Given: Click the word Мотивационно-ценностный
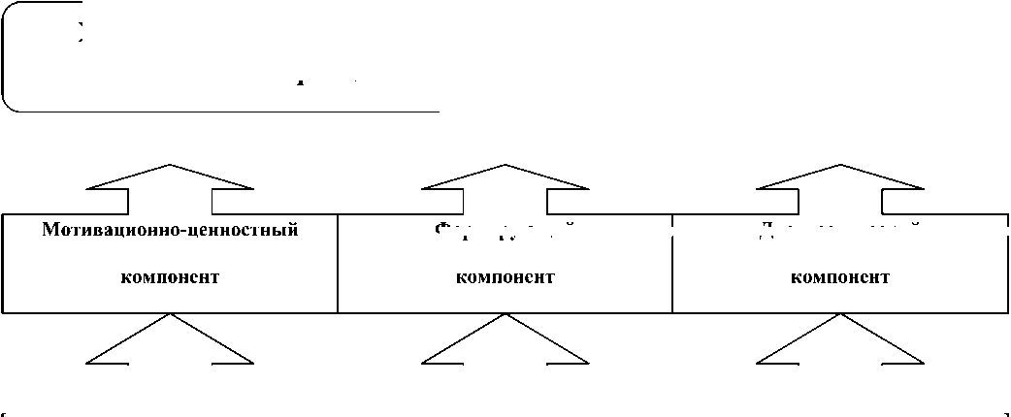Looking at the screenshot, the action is click(x=170, y=231).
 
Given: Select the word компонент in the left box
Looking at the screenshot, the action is click(x=170, y=277).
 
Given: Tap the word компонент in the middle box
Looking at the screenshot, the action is click(x=505, y=277).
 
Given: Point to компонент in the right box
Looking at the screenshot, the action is click(x=840, y=277).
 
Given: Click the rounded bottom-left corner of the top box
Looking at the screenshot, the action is click(x=10, y=103).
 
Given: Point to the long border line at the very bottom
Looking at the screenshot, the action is click(x=505, y=412).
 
